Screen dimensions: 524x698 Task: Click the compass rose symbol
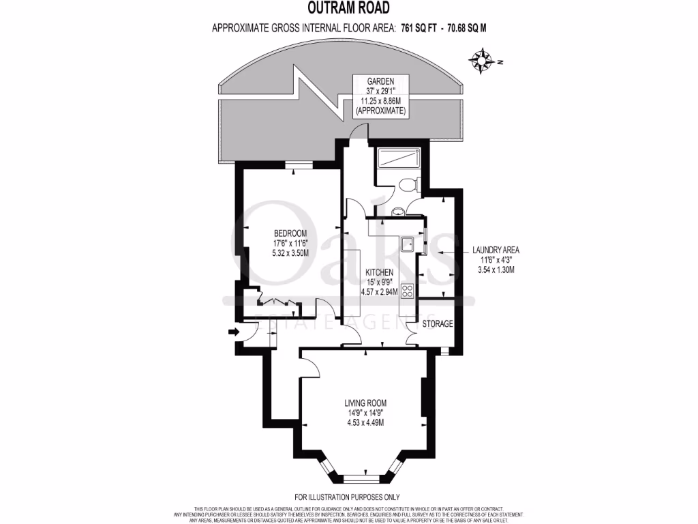tap(482, 61)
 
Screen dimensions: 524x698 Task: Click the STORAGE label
tap(437, 323)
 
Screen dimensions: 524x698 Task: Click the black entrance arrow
tap(232, 332)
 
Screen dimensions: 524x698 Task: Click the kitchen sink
tap(408, 244)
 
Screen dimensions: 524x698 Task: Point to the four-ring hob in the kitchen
tap(408, 291)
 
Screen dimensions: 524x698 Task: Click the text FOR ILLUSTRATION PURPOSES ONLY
tap(347, 497)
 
